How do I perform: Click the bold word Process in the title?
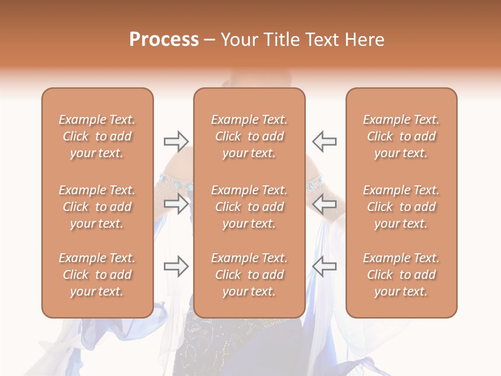164,40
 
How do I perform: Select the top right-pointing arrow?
176,141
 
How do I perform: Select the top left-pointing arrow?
325,141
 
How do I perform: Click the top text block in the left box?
97,136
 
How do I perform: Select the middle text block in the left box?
97,207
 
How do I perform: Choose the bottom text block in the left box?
97,275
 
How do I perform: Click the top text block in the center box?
249,136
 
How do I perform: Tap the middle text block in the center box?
249,207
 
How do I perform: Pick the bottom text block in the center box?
249,275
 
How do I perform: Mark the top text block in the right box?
401,136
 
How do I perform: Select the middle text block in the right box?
401,207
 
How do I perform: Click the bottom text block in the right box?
401,275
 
